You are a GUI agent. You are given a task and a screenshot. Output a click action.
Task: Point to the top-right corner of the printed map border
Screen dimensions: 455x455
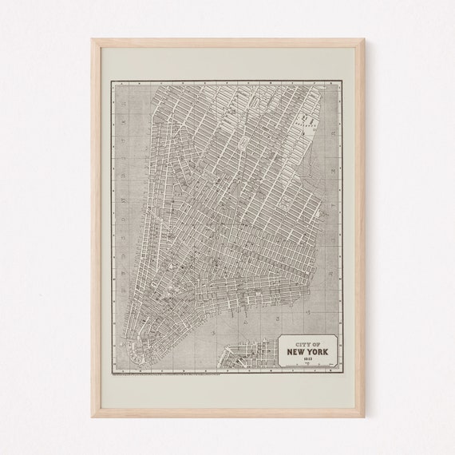[344, 81]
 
